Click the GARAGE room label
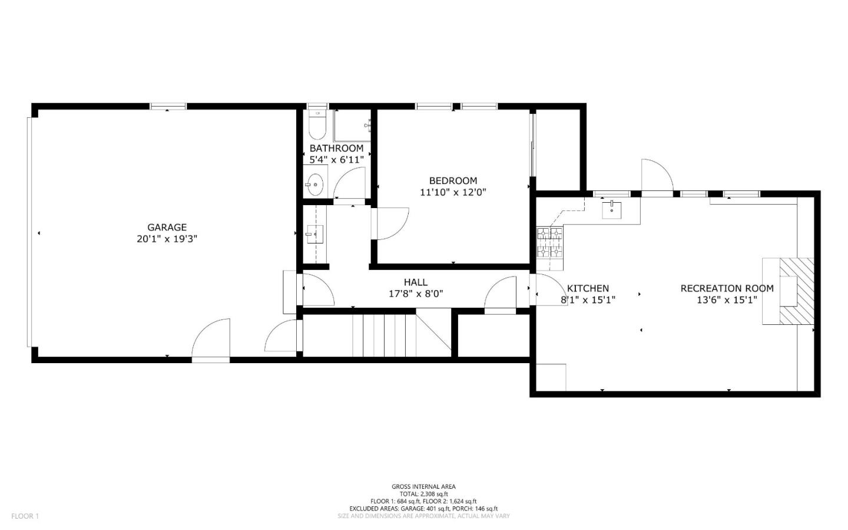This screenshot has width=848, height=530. [167, 227]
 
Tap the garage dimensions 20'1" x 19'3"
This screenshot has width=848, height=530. [167, 239]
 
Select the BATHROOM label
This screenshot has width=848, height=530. [336, 148]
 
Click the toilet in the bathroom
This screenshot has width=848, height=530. [317, 125]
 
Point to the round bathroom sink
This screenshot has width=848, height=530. [316, 183]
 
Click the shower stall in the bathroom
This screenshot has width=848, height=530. [352, 125]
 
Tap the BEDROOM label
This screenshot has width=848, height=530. [453, 180]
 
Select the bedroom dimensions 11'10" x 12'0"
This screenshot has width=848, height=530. [453, 192]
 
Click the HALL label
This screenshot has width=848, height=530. [415, 282]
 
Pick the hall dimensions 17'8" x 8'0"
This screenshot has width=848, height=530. [415, 294]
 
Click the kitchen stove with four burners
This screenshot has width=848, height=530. [549, 243]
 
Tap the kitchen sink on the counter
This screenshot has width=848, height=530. [612, 209]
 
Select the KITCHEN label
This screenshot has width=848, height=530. [588, 288]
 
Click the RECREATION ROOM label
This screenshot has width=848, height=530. [727, 288]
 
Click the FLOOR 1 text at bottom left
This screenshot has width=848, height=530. [25, 516]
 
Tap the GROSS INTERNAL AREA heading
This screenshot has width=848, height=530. [423, 486]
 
